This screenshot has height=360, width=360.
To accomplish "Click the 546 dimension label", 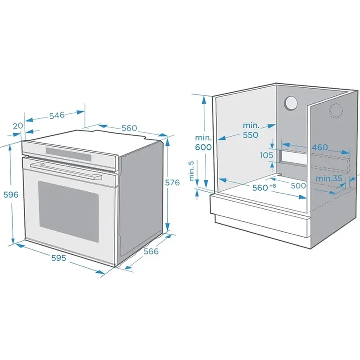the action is coord(57,115).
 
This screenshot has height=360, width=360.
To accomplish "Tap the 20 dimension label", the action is coord(18,126).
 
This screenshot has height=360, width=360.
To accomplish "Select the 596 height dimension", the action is coord(11,194).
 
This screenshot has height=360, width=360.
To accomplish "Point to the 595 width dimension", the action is coord(58,258).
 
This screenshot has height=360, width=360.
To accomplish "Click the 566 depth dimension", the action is coord(151,251).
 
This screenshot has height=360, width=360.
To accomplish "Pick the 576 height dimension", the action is coord(172,183).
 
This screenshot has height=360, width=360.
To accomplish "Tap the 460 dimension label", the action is coord(319,147).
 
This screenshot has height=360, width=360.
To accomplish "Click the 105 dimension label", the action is coord(266,155).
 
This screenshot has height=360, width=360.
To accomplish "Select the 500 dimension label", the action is coord(298,185).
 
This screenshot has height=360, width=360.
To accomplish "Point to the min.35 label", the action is coord(329,178).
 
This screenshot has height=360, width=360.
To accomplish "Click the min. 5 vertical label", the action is coord(192,171).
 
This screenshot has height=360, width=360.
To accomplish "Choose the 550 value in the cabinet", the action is coord(251,135).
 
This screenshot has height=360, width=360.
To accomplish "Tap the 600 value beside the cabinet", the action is coord(203,147).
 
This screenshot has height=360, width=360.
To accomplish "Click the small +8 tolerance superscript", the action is coord(273,185).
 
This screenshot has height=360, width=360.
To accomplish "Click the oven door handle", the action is coord(65,170).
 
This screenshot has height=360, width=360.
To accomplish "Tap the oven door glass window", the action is coord(69,211).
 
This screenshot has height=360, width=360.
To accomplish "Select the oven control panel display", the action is coord(68,154).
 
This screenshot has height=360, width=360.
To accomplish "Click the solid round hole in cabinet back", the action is coord(290,103).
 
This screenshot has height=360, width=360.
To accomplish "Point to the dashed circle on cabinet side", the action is coord(336,111).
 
